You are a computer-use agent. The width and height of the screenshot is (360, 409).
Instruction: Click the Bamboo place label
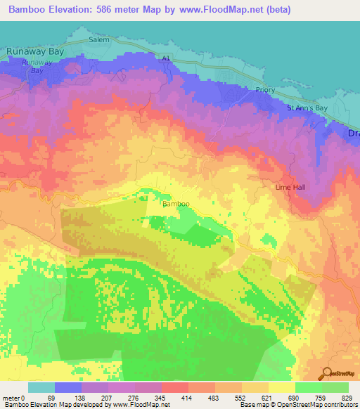click(x=176, y=204)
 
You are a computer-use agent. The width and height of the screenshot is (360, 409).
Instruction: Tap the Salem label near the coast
click(x=99, y=40)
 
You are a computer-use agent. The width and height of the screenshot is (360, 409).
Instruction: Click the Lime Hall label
click(x=290, y=188)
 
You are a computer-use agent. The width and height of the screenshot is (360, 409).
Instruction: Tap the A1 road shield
click(x=166, y=60)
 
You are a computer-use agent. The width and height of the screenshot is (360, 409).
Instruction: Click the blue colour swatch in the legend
click(x=68, y=387)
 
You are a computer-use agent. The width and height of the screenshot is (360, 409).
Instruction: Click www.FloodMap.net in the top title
click(x=222, y=10)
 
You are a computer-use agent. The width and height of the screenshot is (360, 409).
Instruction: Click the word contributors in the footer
click(x=339, y=405)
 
